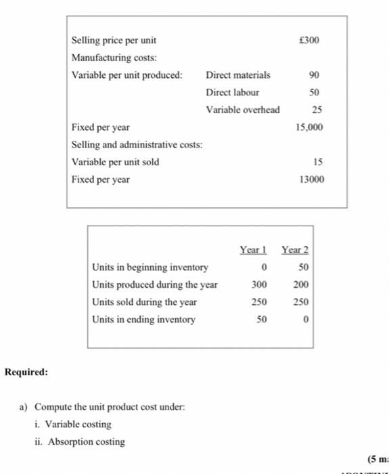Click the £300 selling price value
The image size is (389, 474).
[x=309, y=40]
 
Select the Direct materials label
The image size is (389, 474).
[x=237, y=75]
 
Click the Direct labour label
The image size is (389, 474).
[x=232, y=92]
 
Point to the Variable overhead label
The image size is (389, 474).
[x=243, y=110]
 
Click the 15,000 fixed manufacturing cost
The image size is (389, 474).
[x=310, y=127]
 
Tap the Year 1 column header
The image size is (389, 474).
[x=254, y=250]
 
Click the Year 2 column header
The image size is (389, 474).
[x=295, y=250]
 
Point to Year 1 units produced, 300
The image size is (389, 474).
[x=260, y=284]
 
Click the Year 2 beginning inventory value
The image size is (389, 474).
[x=303, y=267]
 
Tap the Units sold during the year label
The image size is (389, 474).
[x=144, y=302]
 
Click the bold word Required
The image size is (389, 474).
[x=26, y=372]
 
